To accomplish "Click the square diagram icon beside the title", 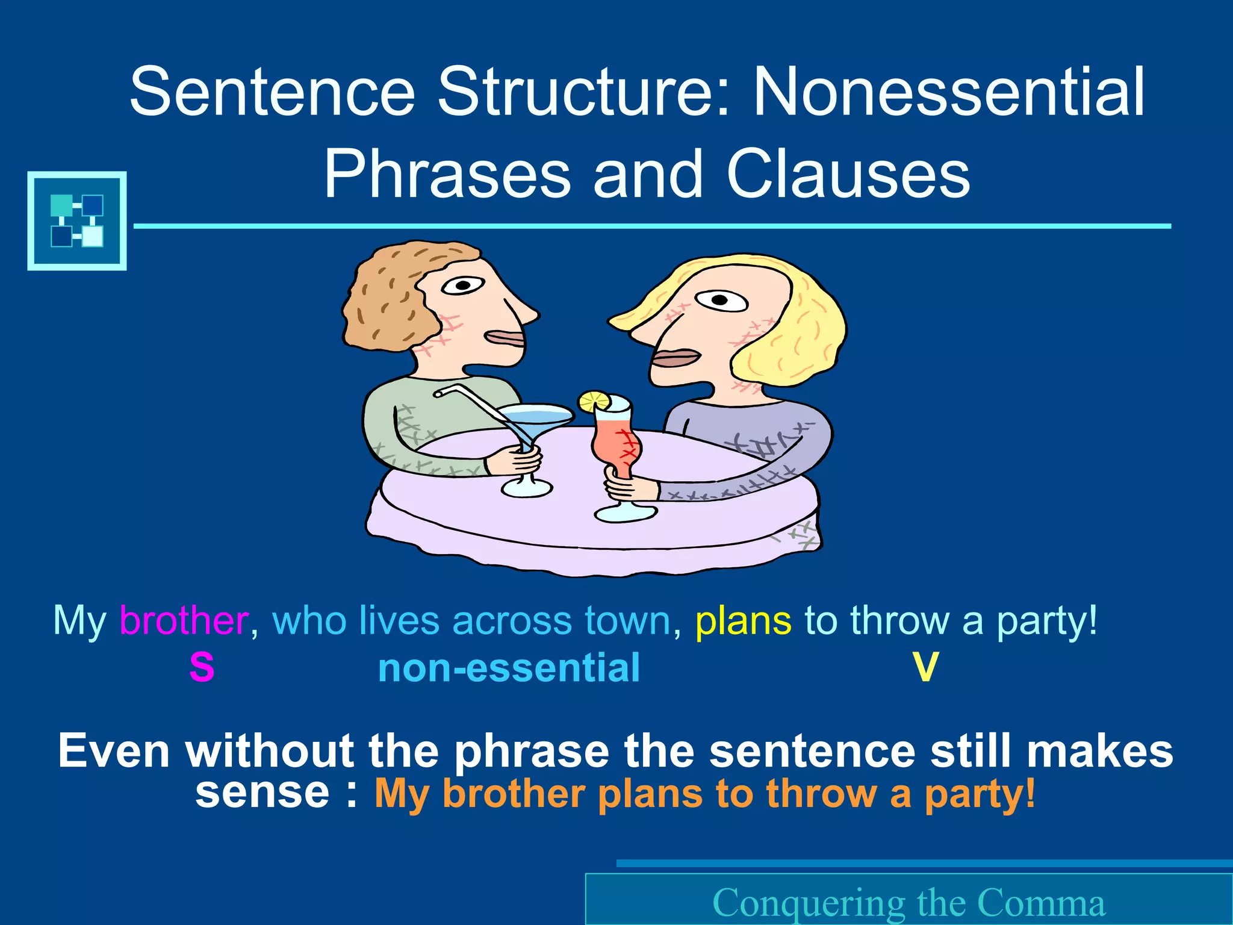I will coord(77,220).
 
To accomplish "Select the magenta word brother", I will coord(184,620).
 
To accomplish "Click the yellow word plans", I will coord(743,621).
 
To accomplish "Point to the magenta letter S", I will coord(202,667).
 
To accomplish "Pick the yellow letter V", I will coord(925,667).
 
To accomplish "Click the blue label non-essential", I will coord(509,668).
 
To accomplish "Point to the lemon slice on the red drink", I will coord(594,400).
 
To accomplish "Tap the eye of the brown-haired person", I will coord(462,285).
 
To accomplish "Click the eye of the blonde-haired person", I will coord(721,299).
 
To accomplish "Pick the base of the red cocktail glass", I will coord(625,514).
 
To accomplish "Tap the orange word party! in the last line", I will coord(980,793).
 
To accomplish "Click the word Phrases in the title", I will coord(447,174).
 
